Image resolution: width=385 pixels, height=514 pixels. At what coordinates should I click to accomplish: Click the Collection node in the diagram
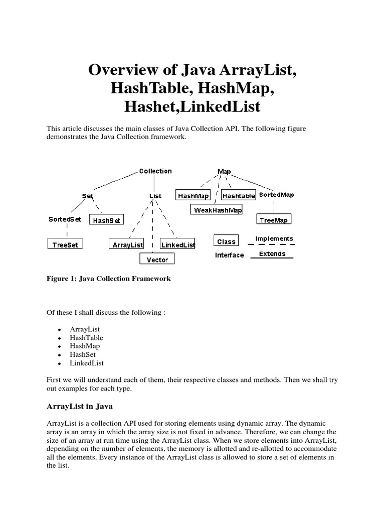click(x=155, y=171)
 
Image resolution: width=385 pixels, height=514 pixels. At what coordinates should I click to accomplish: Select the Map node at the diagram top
click(x=224, y=172)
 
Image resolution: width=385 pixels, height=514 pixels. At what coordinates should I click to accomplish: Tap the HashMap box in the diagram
click(x=194, y=196)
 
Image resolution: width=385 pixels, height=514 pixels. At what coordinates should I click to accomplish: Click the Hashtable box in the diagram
click(x=239, y=196)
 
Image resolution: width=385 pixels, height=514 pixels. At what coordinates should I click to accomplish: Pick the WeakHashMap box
click(x=217, y=210)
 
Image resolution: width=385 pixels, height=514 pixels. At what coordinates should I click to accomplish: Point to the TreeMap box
click(x=274, y=219)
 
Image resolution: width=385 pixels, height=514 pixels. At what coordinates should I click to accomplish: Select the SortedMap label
click(x=276, y=195)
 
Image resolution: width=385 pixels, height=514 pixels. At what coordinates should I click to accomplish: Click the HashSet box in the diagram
click(x=107, y=220)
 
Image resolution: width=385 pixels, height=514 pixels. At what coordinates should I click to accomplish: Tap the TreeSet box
click(x=66, y=245)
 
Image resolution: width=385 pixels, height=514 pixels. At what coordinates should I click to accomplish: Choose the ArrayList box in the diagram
click(x=126, y=245)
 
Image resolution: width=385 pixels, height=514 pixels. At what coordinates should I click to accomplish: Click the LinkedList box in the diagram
click(x=177, y=245)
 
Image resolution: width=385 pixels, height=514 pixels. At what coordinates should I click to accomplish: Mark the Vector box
click(x=157, y=260)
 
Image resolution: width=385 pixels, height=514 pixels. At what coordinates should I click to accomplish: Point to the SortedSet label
click(x=64, y=219)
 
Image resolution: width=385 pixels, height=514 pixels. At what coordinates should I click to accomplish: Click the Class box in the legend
click(x=227, y=241)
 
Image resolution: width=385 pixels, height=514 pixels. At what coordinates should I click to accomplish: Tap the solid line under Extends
click(x=272, y=259)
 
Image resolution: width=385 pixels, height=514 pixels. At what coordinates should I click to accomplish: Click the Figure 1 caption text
click(x=108, y=279)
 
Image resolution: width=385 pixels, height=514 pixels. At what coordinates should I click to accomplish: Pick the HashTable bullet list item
click(x=86, y=338)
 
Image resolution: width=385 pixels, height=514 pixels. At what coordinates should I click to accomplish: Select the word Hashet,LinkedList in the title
click(x=192, y=106)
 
